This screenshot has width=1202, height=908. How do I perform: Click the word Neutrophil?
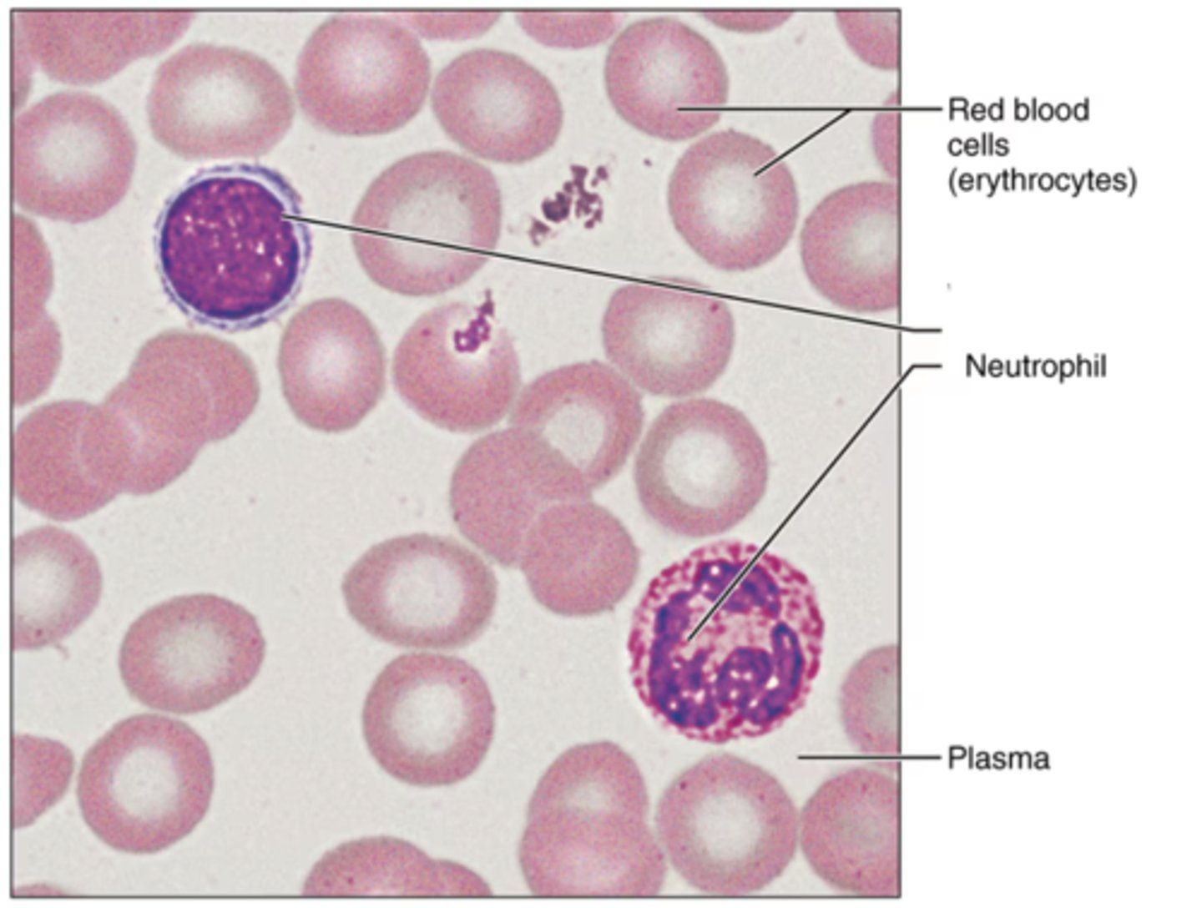click(1035, 366)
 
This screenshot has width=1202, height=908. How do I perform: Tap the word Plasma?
click(998, 759)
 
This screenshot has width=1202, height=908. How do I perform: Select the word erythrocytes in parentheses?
click(1042, 180)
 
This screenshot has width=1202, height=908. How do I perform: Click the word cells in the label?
click(977, 145)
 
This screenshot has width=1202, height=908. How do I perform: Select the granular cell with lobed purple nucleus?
click(725, 642)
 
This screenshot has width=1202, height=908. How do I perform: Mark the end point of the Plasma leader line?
click(800, 758)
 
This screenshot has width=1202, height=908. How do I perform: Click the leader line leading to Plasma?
click(868, 758)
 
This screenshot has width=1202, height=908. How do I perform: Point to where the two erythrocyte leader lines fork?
click(849, 109)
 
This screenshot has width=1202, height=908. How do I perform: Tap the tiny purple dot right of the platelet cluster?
click(646, 163)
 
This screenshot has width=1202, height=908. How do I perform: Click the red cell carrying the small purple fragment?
click(455, 367)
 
